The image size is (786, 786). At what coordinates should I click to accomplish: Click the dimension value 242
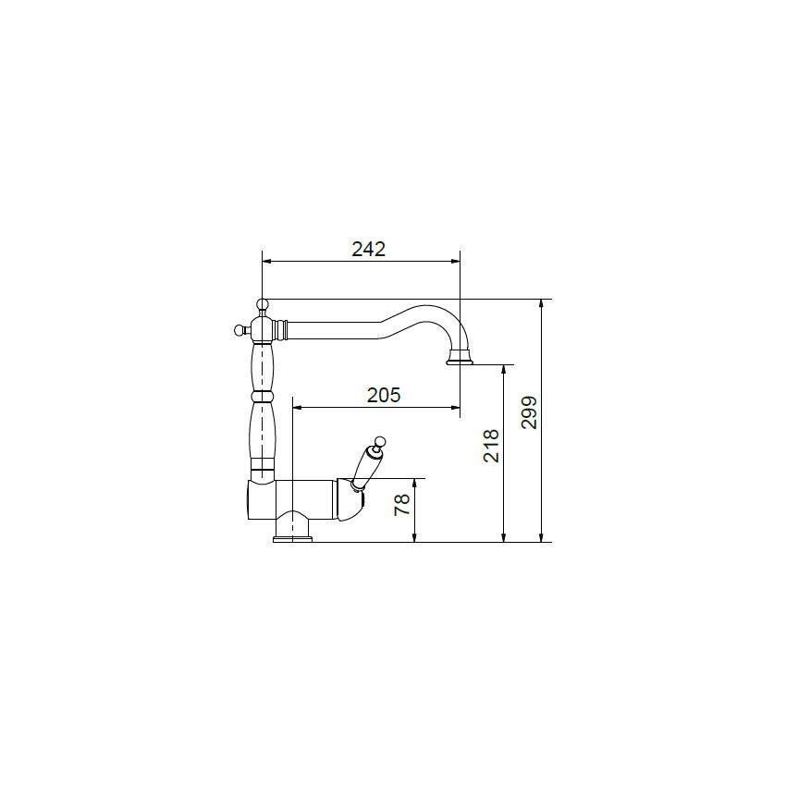pyautogui.click(x=368, y=249)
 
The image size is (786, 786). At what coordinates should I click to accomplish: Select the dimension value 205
pyautogui.click(x=384, y=396)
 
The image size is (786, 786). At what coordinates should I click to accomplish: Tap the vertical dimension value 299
pyautogui.click(x=529, y=412)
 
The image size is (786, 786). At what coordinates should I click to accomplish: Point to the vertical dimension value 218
pyautogui.click(x=491, y=446)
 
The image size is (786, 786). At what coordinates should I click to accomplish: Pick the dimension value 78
pyautogui.click(x=402, y=504)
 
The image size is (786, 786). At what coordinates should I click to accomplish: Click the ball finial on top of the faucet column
pyautogui.click(x=263, y=304)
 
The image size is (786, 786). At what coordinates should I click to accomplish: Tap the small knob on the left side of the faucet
pyautogui.click(x=240, y=330)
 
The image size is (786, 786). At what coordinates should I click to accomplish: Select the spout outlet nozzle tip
pyautogui.click(x=460, y=359)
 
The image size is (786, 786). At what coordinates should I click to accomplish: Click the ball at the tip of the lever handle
pyautogui.click(x=380, y=442)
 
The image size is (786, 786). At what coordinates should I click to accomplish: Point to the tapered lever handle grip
pyautogui.click(x=364, y=466)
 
